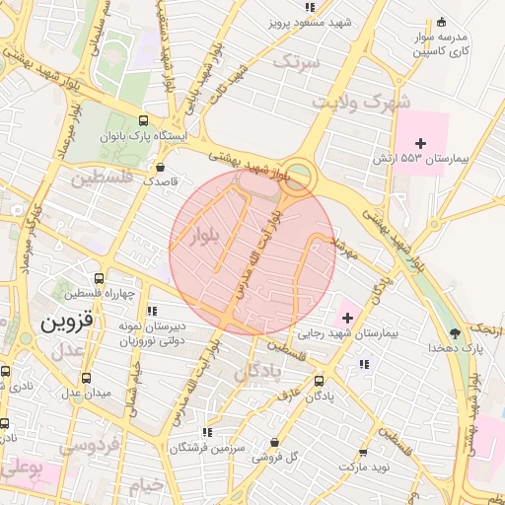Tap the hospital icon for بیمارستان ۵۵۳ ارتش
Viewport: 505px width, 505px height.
tap(420, 144)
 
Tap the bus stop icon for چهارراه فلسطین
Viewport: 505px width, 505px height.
tap(97, 279)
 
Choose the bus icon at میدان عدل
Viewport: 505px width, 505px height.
tap(87, 376)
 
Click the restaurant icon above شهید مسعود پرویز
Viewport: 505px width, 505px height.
tap(311, 7)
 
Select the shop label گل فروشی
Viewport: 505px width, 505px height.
tap(281, 457)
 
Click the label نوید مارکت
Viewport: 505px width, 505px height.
tap(366, 465)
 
